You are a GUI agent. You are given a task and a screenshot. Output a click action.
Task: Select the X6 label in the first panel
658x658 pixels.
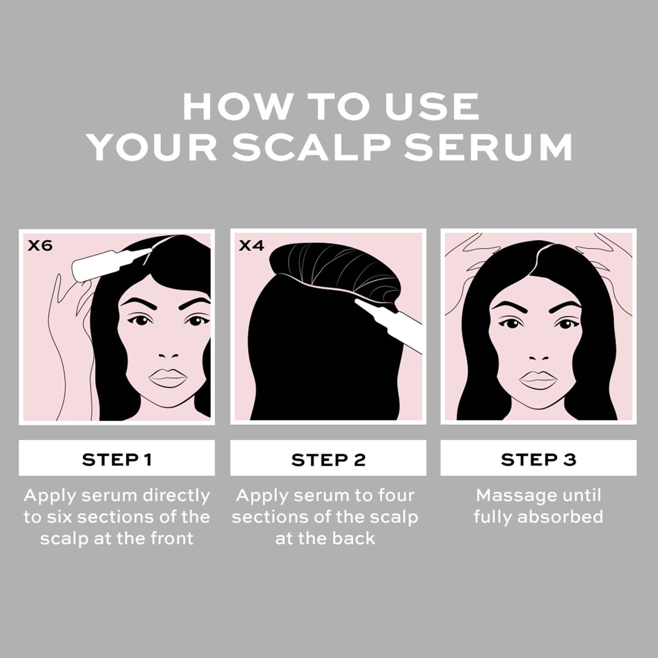pos(40,246)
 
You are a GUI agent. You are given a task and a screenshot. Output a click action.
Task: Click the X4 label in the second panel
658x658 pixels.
pos(251,246)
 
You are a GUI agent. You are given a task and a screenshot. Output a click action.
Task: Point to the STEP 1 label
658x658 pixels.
pos(117,459)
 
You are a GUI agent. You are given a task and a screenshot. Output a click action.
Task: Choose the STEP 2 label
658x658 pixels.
pos(328,459)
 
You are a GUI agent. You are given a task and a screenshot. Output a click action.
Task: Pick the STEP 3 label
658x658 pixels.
pos(538,459)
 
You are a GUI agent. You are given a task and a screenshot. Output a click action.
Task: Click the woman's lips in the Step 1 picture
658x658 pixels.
pos(168,378)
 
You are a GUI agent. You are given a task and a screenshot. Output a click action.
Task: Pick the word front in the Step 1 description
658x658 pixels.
pos(172,539)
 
